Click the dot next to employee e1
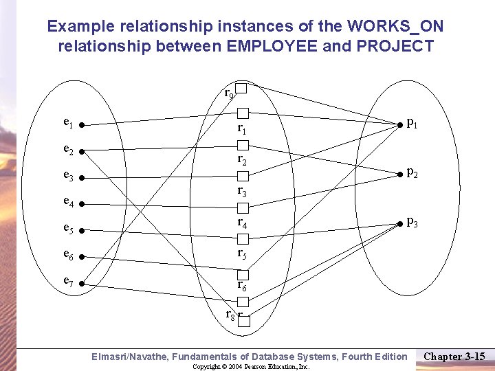click(x=81, y=126)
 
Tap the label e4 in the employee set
click(x=69, y=202)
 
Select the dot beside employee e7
click(x=81, y=282)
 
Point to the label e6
click(x=69, y=254)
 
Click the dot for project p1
click(x=399, y=125)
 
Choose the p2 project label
click(x=412, y=172)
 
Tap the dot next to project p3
click(x=399, y=223)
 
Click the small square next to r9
click(x=241, y=88)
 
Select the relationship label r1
click(x=241, y=128)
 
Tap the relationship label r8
click(x=231, y=315)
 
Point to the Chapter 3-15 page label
click(x=454, y=356)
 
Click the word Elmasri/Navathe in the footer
click(x=129, y=356)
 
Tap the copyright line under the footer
click(x=251, y=367)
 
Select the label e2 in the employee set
click(x=69, y=149)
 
